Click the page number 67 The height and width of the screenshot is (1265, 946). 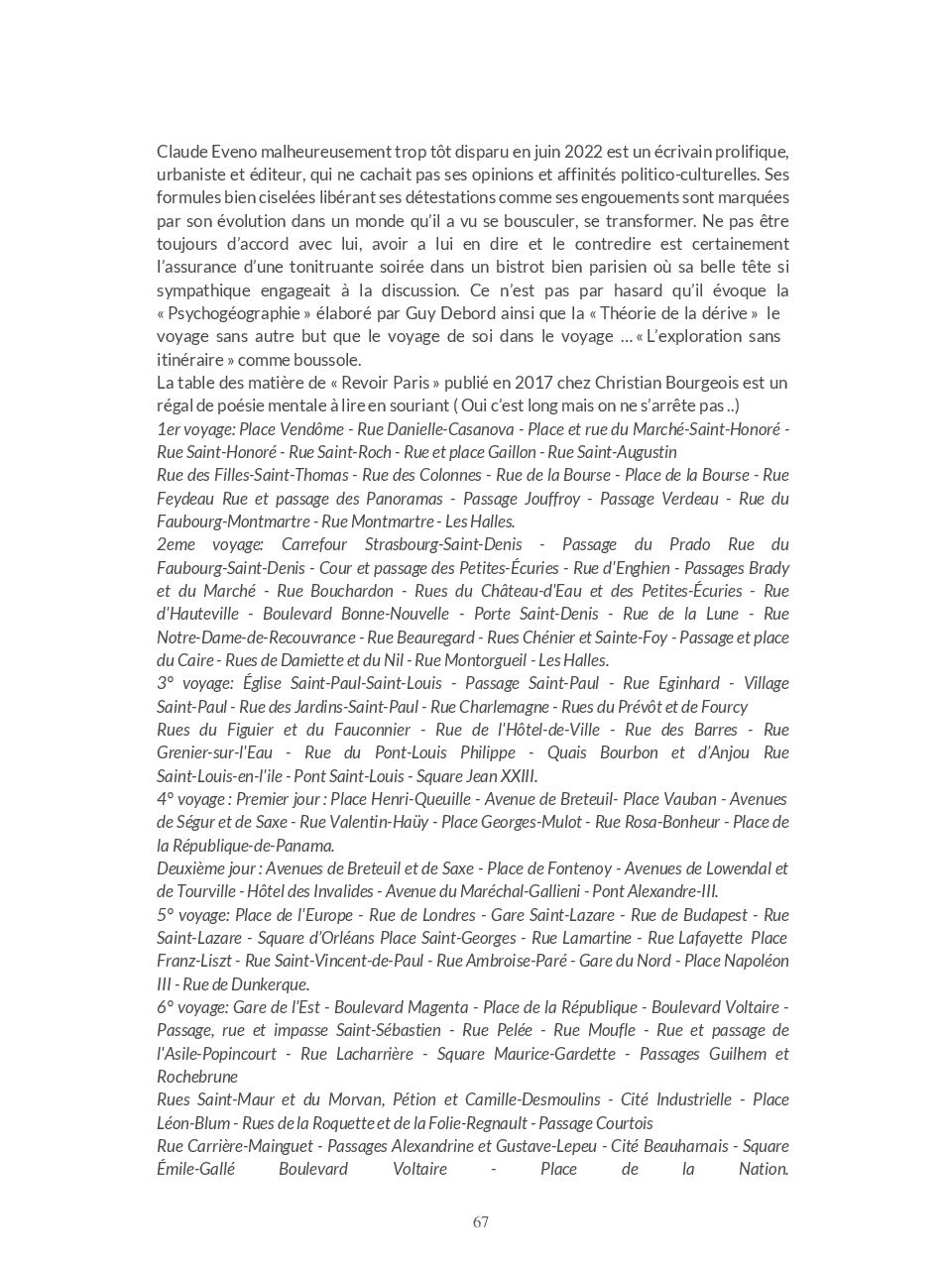481,1221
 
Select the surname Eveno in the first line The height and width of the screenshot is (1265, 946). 230,152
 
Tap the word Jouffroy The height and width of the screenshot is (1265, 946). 548,499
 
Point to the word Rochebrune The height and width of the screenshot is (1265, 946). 197,1077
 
